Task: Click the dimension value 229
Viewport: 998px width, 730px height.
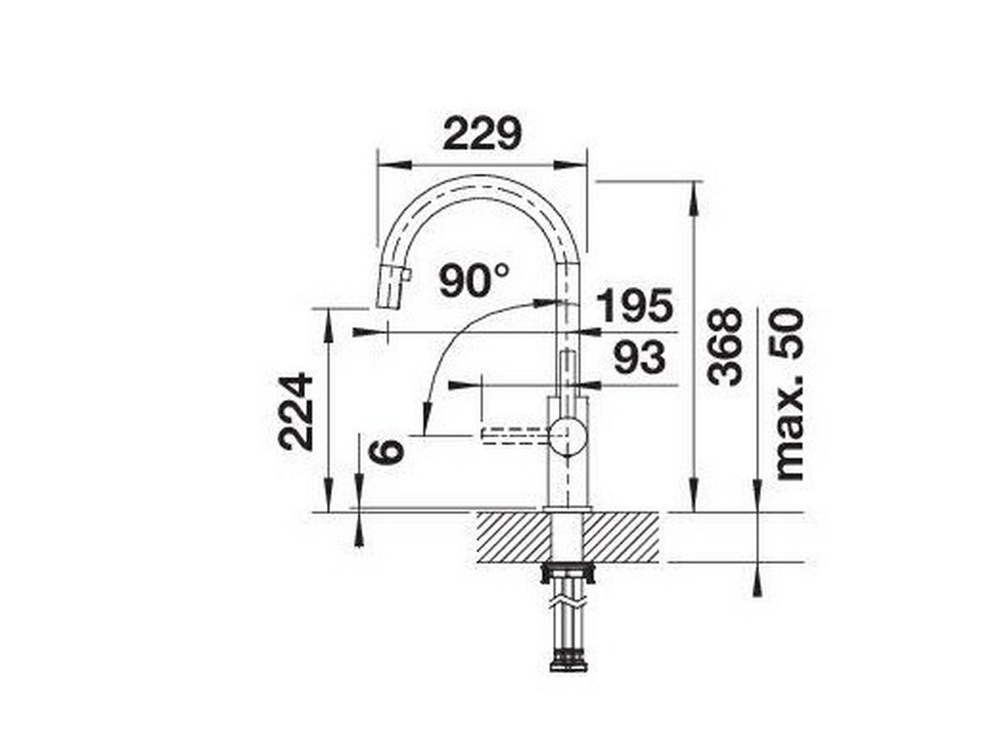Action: (x=482, y=134)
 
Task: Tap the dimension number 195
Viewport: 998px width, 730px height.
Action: (x=634, y=306)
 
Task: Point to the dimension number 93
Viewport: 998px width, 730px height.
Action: (x=640, y=358)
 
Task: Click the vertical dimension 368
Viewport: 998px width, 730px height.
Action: (x=724, y=346)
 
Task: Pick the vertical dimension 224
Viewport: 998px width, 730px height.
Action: (x=296, y=412)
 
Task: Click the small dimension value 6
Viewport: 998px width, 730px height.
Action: (x=388, y=451)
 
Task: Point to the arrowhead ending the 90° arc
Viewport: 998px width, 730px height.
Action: (x=427, y=416)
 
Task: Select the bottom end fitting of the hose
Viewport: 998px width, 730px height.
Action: (x=568, y=662)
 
